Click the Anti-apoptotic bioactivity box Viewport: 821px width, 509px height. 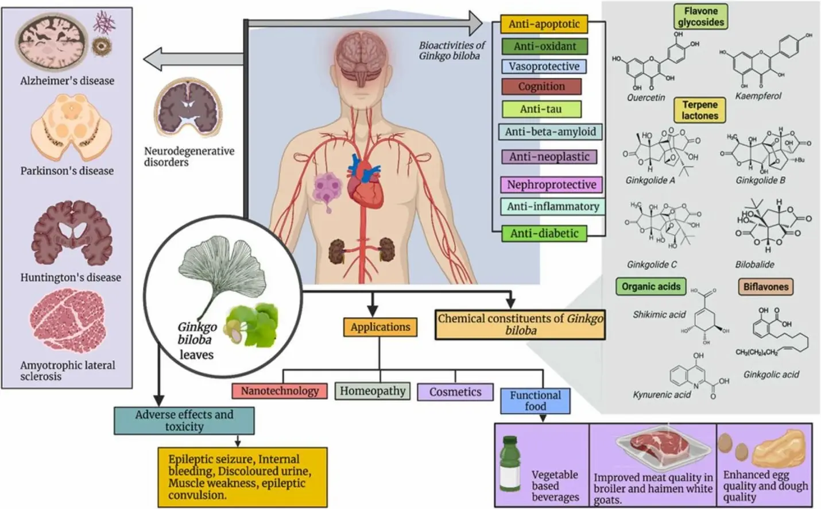pyautogui.click(x=544, y=24)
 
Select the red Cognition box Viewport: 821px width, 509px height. pyautogui.click(x=541, y=87)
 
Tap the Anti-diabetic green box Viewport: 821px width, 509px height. pyautogui.click(x=544, y=234)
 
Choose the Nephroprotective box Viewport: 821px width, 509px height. pyautogui.click(x=551, y=185)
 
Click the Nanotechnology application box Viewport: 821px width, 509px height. pyautogui.click(x=280, y=391)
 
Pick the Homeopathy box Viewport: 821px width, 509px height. pyautogui.click(x=372, y=391)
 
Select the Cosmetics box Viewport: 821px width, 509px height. pyautogui.click(x=455, y=392)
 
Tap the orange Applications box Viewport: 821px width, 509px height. pyautogui.click(x=380, y=327)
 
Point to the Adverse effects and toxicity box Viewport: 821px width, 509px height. pyautogui.click(x=184, y=421)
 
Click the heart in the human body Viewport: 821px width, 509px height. pyautogui.click(x=366, y=184)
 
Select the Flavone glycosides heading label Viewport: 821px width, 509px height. pyautogui.click(x=700, y=17)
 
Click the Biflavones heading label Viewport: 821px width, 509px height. pyautogui.click(x=765, y=287)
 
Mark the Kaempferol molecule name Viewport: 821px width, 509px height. pyautogui.click(x=758, y=96)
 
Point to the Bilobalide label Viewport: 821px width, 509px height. pyautogui.click(x=754, y=265)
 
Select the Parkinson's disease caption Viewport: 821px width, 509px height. pyautogui.click(x=67, y=171)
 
